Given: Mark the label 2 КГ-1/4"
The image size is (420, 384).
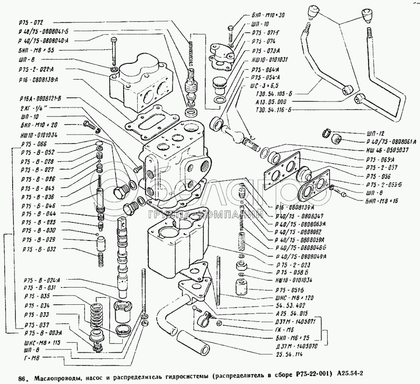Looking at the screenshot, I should tap(33, 107).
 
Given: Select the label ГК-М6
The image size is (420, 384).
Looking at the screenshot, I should tap(282, 329).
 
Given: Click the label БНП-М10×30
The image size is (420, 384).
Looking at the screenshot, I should tap(267, 15).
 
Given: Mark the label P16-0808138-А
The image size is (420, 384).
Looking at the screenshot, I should tap(39, 79).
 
